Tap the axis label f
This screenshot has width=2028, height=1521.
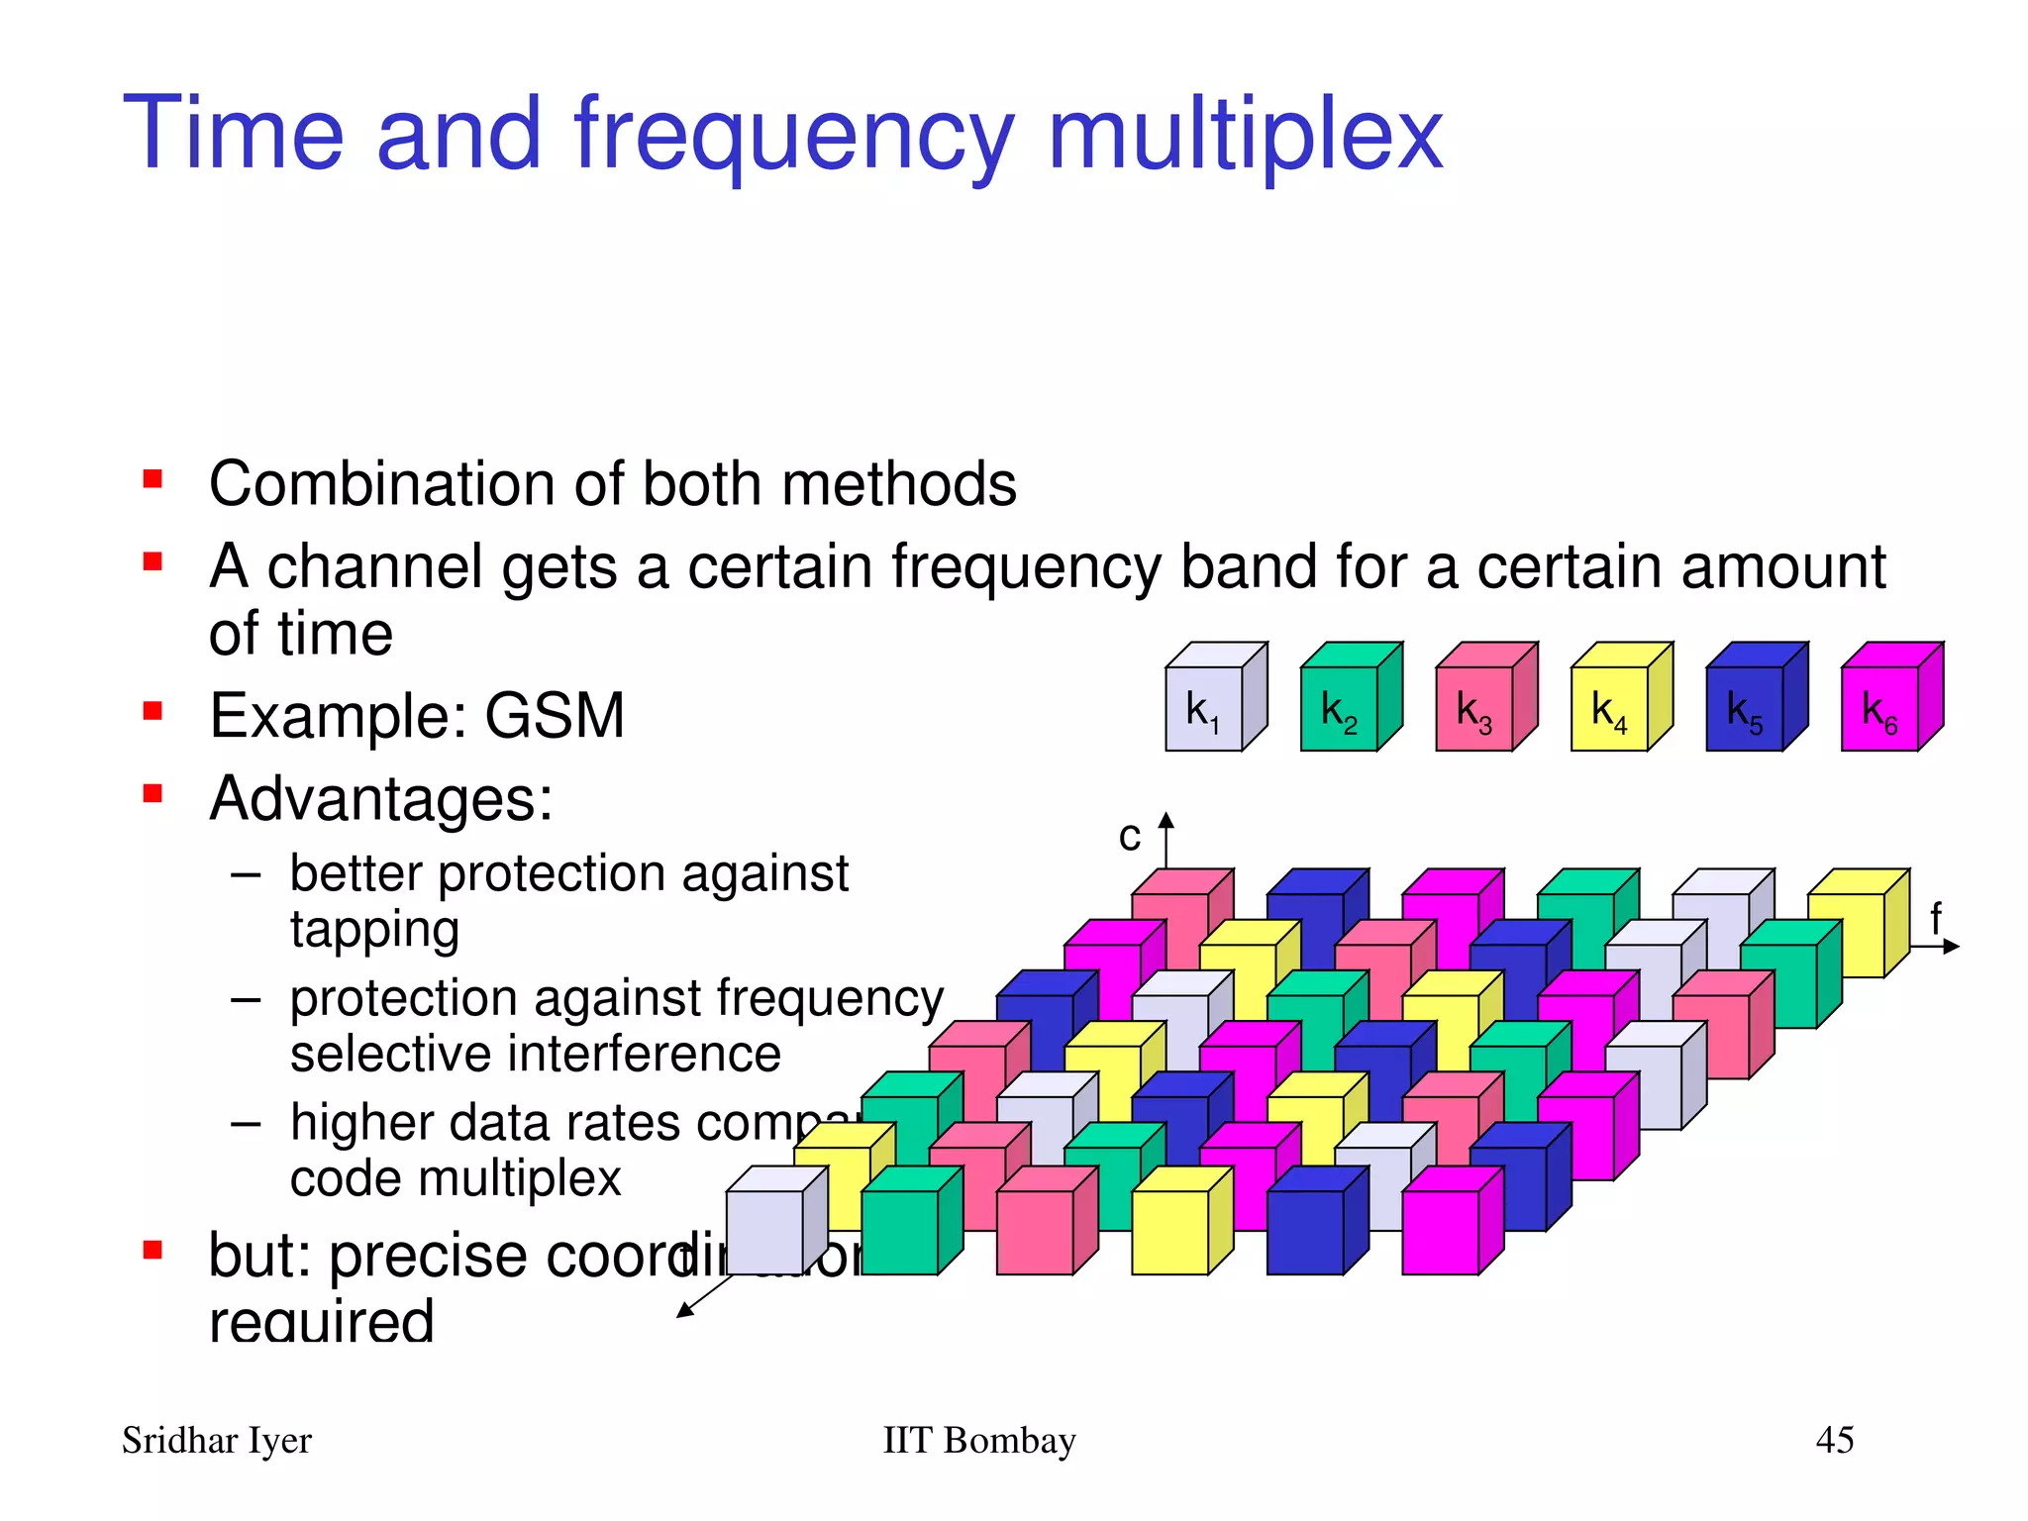[1936, 918]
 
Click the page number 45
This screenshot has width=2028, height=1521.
[1834, 1440]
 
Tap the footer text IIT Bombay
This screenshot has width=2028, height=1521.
[978, 1440]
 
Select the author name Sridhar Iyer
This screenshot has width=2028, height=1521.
[216, 1441]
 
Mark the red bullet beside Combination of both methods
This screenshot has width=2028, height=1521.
[152, 480]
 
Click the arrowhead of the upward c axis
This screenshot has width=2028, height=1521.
[1166, 820]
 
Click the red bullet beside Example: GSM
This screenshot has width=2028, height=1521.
[152, 711]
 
